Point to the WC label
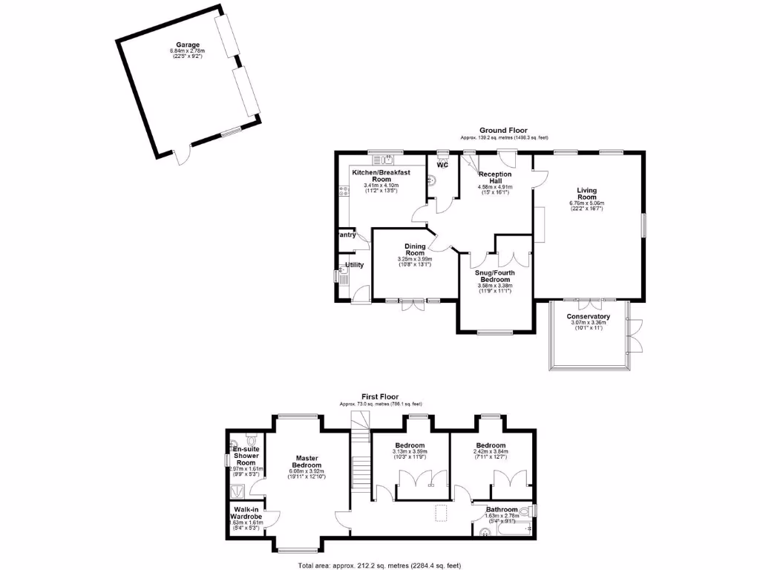pyautogui.click(x=442, y=166)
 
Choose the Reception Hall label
pyautogui.click(x=495, y=179)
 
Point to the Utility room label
pyautogui.click(x=353, y=265)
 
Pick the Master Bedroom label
pyautogui.click(x=307, y=462)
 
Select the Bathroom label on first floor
pyautogui.click(x=502, y=511)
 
